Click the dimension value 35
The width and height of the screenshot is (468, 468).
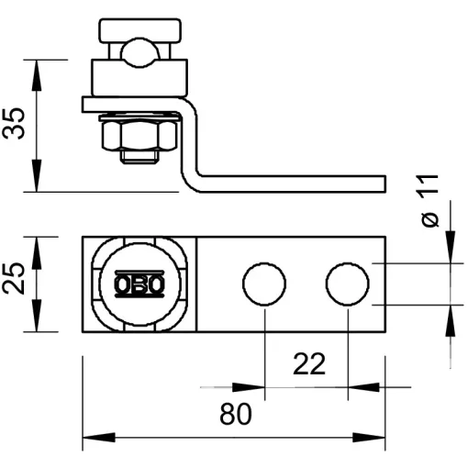tap(14, 124)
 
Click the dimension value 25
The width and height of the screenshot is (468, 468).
tap(14, 278)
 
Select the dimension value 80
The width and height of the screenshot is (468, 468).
tap(236, 414)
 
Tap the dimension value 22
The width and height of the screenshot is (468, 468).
tap(309, 364)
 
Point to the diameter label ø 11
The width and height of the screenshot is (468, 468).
tap(429, 201)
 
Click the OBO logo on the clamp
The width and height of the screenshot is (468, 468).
tap(139, 284)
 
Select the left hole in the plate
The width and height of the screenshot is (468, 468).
tap(264, 284)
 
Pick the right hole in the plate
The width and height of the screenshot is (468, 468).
tap(348, 284)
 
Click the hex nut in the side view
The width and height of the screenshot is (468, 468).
tap(139, 135)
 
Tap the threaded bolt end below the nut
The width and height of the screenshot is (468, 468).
tap(139, 157)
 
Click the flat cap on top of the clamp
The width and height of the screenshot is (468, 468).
tap(140, 30)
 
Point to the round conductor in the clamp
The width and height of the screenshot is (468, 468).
tap(140, 52)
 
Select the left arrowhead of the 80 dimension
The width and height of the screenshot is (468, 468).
tap(99, 438)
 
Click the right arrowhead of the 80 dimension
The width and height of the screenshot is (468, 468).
tap(369, 438)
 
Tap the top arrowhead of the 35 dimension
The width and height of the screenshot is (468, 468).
tap(37, 75)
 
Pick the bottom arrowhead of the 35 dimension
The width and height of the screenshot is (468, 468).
tap(37, 176)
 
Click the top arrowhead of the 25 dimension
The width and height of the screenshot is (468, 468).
tap(37, 252)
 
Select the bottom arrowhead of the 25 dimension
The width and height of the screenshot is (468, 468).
tap(37, 316)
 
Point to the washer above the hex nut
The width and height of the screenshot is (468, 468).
tap(139, 117)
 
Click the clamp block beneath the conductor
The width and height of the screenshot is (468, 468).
tap(139, 78)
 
